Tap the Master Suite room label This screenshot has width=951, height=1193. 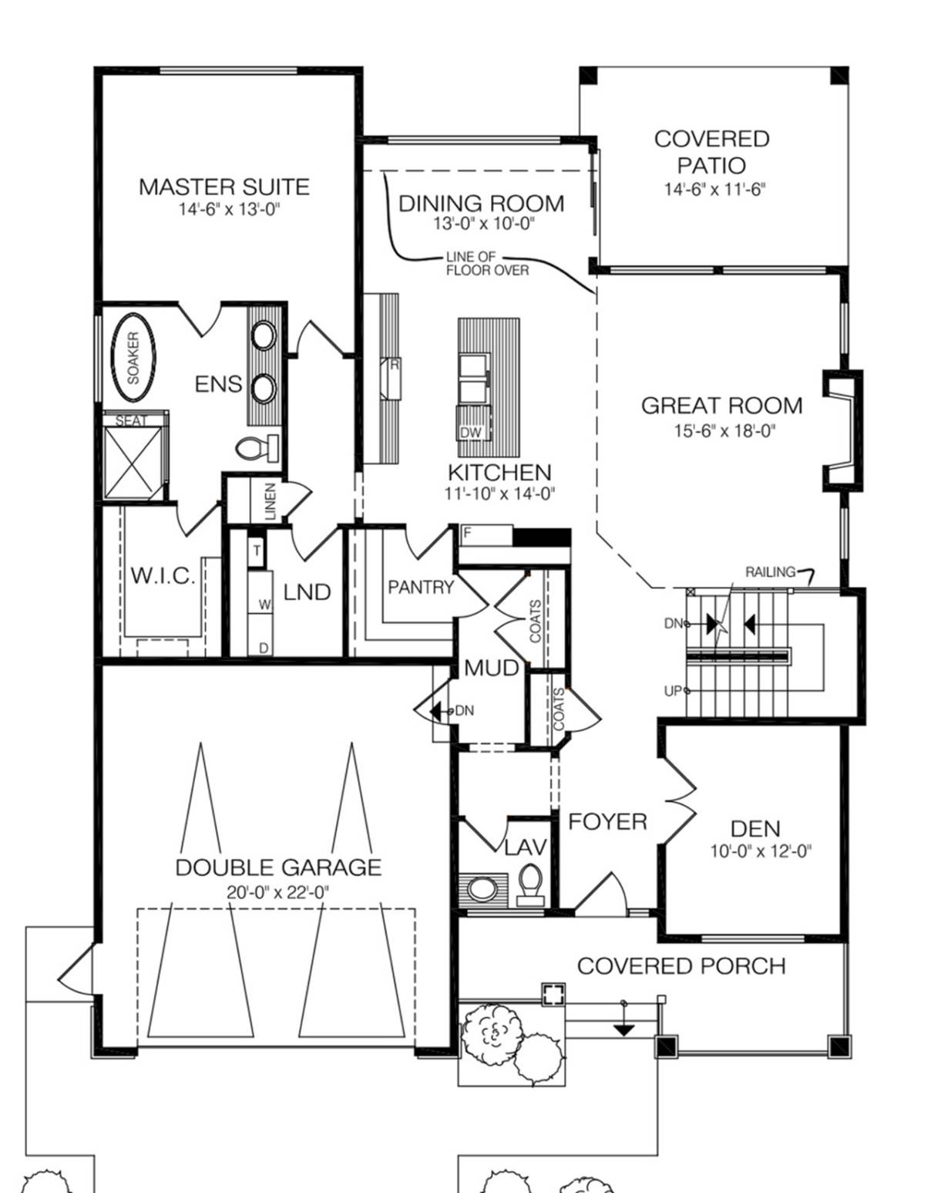223,187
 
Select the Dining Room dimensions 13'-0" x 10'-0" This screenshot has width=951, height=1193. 484,224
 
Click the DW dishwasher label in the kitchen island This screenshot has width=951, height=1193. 471,432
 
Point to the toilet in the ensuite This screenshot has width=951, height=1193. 257,447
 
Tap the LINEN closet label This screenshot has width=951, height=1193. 270,501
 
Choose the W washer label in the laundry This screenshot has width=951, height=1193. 265,605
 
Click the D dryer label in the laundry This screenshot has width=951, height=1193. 264,648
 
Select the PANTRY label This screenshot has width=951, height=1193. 421,587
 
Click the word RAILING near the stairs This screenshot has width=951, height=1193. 770,571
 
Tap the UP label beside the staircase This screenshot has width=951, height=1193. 672,691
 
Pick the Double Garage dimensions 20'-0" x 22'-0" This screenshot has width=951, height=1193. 278,892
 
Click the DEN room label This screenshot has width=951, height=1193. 755,829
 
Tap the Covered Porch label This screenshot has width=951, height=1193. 681,966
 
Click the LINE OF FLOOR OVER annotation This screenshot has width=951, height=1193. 487,264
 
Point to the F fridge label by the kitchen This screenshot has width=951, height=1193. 467,533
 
